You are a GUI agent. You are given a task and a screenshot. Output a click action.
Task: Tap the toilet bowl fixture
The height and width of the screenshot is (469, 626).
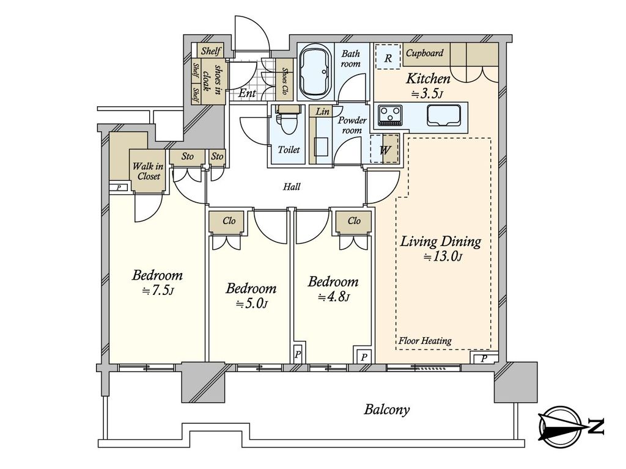tap(287, 122)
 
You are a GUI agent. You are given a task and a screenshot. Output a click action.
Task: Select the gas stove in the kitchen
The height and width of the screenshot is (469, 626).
tap(391, 115)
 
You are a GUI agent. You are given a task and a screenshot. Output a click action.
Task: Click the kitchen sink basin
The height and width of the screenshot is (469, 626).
tap(444, 115)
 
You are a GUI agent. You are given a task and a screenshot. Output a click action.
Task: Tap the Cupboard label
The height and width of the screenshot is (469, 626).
tap(424, 53)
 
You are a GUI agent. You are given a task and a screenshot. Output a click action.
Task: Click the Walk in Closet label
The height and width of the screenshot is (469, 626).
tap(148, 171)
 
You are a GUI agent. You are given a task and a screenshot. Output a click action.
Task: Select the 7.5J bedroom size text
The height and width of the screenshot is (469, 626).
tap(158, 291)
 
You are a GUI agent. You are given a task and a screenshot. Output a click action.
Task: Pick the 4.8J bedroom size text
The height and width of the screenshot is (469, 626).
tap(333, 297)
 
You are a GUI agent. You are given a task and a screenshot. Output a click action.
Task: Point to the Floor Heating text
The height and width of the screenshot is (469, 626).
tap(425, 341)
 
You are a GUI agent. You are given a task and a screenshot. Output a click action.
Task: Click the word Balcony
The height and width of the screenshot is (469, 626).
tap(386, 410)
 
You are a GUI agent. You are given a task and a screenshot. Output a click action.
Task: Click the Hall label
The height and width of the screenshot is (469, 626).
tap(292, 186)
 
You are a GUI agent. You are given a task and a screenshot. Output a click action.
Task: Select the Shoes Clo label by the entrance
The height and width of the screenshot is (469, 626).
tap(285, 82)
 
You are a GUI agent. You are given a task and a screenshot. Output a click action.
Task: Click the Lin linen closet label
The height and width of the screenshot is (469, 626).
tap(322, 112)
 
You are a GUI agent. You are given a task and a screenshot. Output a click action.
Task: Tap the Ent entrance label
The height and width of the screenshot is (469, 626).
tap(247, 93)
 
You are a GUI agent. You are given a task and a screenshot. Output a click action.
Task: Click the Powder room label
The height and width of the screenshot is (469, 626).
tap(352, 125)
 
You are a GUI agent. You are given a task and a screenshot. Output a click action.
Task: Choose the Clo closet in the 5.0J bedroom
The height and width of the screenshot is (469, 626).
tap(229, 221)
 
